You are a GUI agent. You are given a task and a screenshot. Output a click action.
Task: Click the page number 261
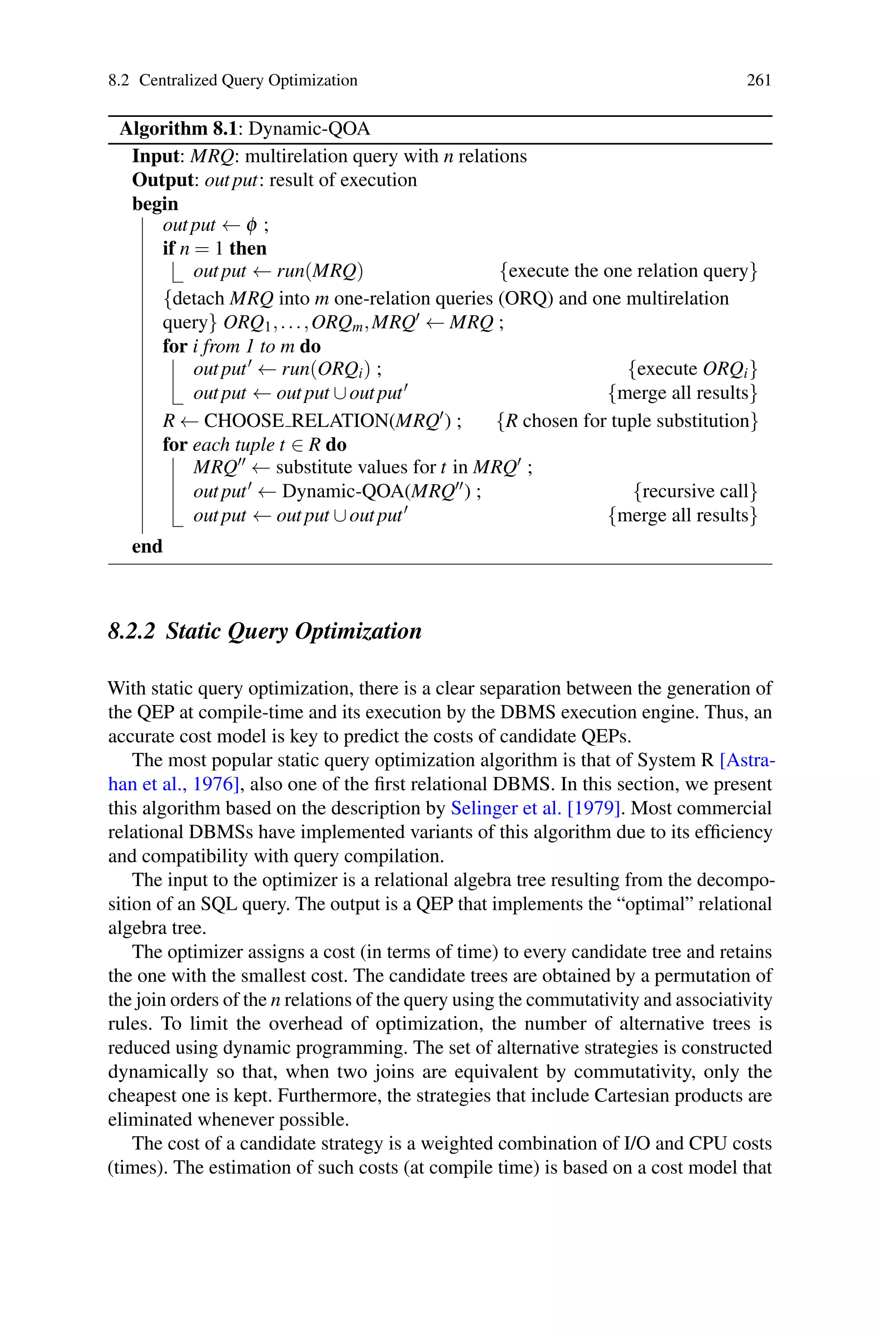(x=758, y=80)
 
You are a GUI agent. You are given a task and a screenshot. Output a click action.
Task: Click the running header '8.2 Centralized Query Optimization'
(x=232, y=80)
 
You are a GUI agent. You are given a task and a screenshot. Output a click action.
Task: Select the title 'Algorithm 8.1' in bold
(x=178, y=129)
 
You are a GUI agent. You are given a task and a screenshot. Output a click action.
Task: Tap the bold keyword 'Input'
(x=154, y=156)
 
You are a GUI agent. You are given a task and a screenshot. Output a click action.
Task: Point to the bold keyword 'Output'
(x=162, y=180)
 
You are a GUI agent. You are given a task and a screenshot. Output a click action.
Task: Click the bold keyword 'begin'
(x=155, y=203)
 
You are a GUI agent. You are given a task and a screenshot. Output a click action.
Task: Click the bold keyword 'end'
(x=147, y=546)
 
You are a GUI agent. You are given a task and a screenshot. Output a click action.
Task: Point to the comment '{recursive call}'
(x=695, y=491)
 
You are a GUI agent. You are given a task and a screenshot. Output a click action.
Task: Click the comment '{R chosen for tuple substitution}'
(x=627, y=421)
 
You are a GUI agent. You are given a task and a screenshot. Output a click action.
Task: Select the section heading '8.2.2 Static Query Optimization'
(x=264, y=631)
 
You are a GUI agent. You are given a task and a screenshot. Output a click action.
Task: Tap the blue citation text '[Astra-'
(x=746, y=760)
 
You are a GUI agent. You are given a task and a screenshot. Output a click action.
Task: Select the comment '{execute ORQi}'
(x=693, y=369)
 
